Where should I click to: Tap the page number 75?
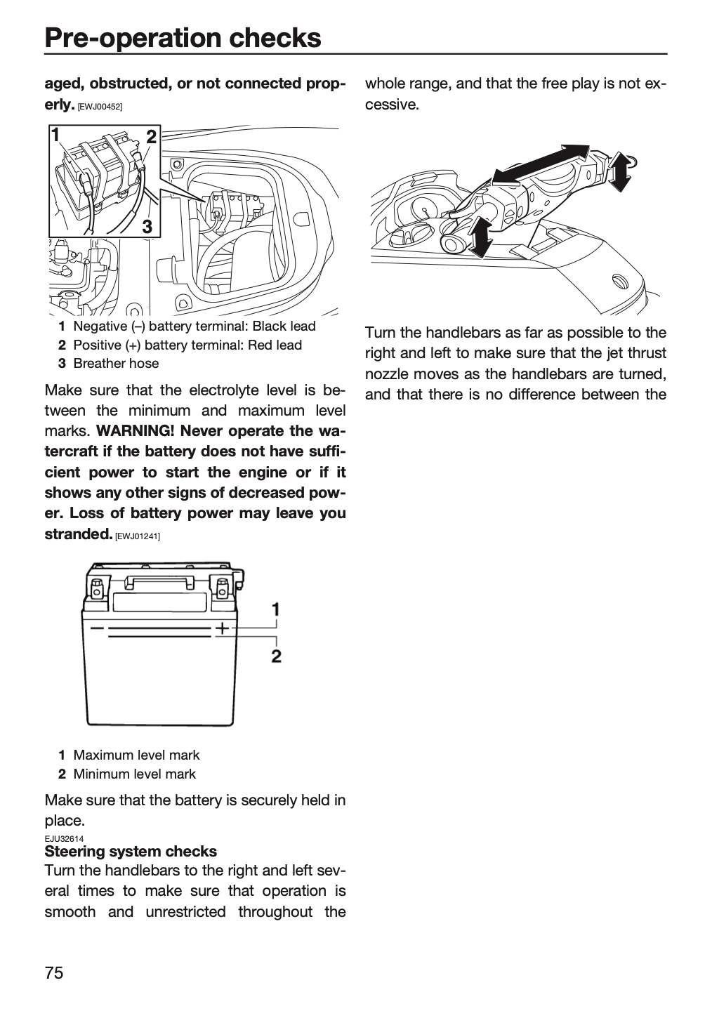[x=54, y=972]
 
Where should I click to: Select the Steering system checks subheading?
[x=131, y=851]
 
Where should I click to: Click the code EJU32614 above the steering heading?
[x=64, y=838]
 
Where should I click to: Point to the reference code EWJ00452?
[x=100, y=107]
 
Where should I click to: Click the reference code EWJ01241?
[x=138, y=536]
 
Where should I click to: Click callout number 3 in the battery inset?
[x=147, y=226]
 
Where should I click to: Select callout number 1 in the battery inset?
[x=55, y=135]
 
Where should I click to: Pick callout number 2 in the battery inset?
[x=151, y=137]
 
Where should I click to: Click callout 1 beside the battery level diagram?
[x=276, y=609]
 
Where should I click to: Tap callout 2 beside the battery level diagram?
[x=277, y=656]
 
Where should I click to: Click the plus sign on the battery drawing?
[x=222, y=628]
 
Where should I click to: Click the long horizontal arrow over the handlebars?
[x=541, y=165]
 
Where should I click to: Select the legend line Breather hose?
[x=109, y=364]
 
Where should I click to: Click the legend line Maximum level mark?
[x=129, y=755]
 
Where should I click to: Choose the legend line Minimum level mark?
[x=127, y=774]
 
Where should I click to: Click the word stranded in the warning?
[x=78, y=534]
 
